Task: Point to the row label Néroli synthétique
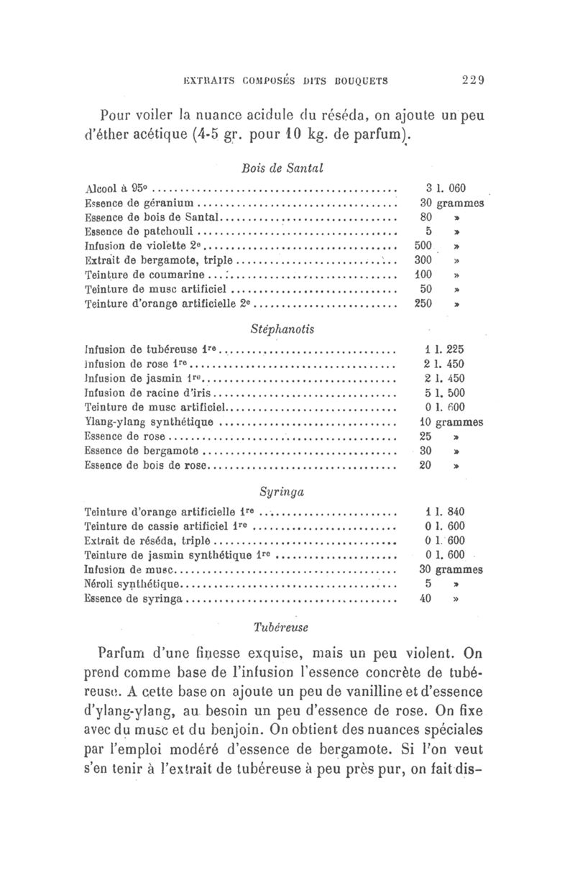[x=134, y=584]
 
